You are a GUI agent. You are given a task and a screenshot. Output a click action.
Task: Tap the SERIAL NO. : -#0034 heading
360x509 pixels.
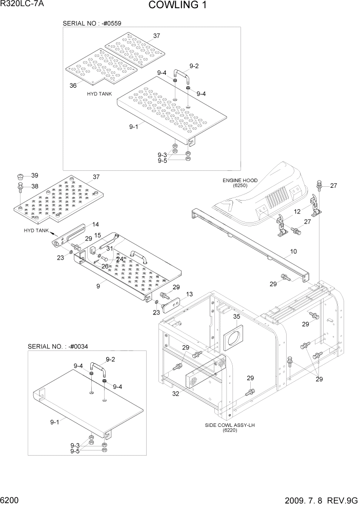pyautogui.click(x=58, y=347)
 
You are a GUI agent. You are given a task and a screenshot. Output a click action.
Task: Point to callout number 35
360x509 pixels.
pyautogui.click(x=236, y=317)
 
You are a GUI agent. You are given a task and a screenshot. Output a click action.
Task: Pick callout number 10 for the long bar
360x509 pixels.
pyautogui.click(x=293, y=252)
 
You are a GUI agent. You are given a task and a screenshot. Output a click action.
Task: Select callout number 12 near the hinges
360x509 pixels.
pyautogui.click(x=297, y=211)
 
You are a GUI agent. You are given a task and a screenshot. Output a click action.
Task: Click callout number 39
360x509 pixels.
pyautogui.click(x=35, y=175)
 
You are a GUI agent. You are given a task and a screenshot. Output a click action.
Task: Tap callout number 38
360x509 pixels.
pyautogui.click(x=35, y=186)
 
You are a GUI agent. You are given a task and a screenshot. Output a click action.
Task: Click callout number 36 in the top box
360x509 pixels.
pyautogui.click(x=73, y=86)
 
